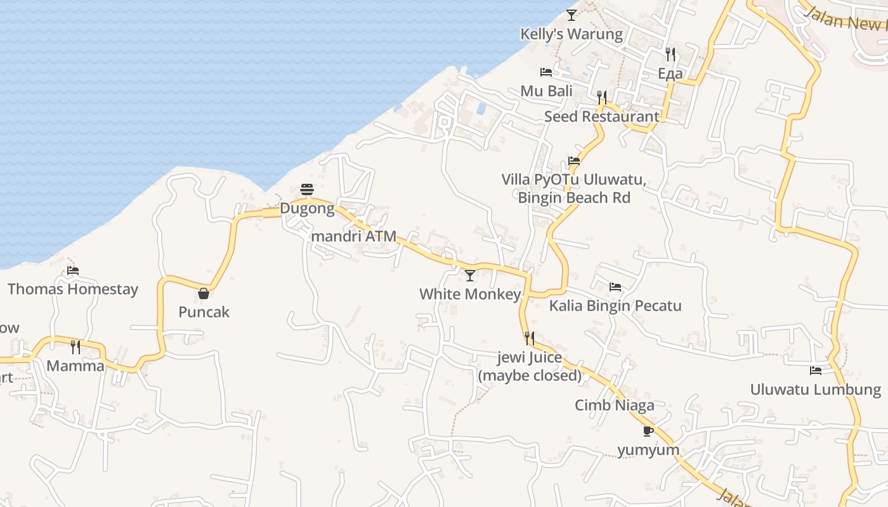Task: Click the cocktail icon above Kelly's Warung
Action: [x=571, y=15]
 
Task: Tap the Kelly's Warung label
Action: [x=571, y=34]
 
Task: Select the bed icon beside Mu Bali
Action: [x=545, y=72]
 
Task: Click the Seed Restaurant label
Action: [x=602, y=117]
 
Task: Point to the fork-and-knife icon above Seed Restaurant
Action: [x=602, y=97]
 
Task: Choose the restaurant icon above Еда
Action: [x=670, y=54]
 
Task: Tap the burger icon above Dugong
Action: [x=307, y=189]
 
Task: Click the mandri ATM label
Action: [x=353, y=236]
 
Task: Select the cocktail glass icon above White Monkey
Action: [x=470, y=275]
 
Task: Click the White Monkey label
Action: [x=470, y=294]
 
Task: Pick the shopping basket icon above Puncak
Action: [x=204, y=293]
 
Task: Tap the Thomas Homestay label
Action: [x=73, y=290]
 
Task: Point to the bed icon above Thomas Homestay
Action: [x=73, y=271]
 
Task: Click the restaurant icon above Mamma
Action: [x=75, y=347]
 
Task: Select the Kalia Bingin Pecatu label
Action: [x=615, y=306]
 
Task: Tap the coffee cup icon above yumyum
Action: [x=648, y=431]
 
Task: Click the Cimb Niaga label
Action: [x=615, y=406]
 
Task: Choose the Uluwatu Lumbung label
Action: [x=816, y=389]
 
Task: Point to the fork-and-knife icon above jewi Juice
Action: [x=530, y=338]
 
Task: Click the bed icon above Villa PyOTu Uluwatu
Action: [x=574, y=161]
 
